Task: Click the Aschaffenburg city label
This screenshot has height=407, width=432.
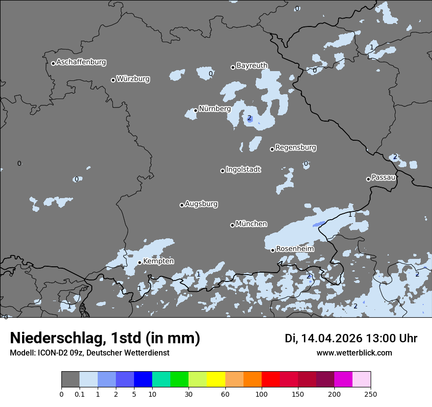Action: pos(81,62)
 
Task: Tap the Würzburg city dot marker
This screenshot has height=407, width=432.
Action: pos(113,80)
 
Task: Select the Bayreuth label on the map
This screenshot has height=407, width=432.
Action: pos(252,65)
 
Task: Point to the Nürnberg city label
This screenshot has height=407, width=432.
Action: pos(215,109)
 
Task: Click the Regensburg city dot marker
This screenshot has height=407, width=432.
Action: pos(272,149)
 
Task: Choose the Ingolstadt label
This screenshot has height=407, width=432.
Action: pos(243,170)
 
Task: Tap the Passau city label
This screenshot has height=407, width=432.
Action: pos(383,178)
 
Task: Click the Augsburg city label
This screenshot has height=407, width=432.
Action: pos(201,204)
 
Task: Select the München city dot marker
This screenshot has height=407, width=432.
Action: pos(232,225)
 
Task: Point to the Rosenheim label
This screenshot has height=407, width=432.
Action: pos(295,249)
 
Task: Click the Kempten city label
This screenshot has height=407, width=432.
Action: pos(158,261)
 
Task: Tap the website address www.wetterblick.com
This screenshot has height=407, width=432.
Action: pos(354,353)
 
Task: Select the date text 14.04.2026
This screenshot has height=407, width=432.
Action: pos(331,338)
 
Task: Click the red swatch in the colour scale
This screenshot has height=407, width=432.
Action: pos(270,380)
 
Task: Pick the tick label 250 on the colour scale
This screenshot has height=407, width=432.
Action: pos(371,394)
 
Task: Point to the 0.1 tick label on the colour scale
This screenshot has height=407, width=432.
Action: pos(80,394)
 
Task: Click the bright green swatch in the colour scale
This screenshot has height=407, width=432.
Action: pos(179,380)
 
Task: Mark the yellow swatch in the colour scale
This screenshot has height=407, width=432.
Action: pos(216,380)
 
